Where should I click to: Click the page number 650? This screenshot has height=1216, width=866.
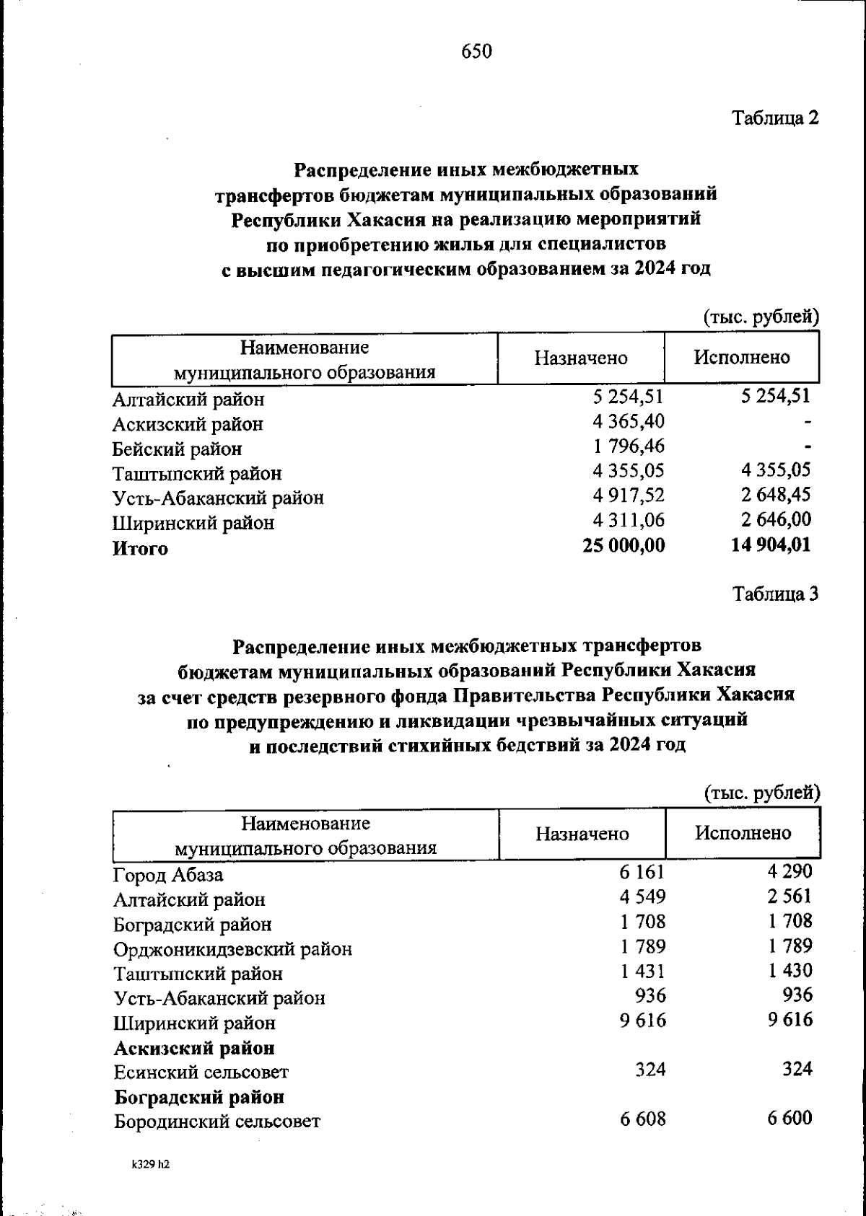point(476,51)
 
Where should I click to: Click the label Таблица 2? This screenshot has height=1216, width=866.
point(775,118)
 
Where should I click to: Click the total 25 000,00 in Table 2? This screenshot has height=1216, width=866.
point(624,546)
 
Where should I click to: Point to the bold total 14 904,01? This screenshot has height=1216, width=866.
point(771,546)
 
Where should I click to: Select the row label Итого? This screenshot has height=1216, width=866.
point(140,548)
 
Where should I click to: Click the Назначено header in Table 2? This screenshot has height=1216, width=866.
point(580,358)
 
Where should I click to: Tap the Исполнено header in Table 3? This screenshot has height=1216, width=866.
point(743,833)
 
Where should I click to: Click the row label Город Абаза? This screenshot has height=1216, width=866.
point(168,875)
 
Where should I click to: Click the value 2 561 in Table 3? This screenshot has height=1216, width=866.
point(790,896)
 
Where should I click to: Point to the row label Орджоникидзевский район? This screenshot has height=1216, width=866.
point(232,949)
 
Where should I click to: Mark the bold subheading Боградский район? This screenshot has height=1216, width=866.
point(199,1097)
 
